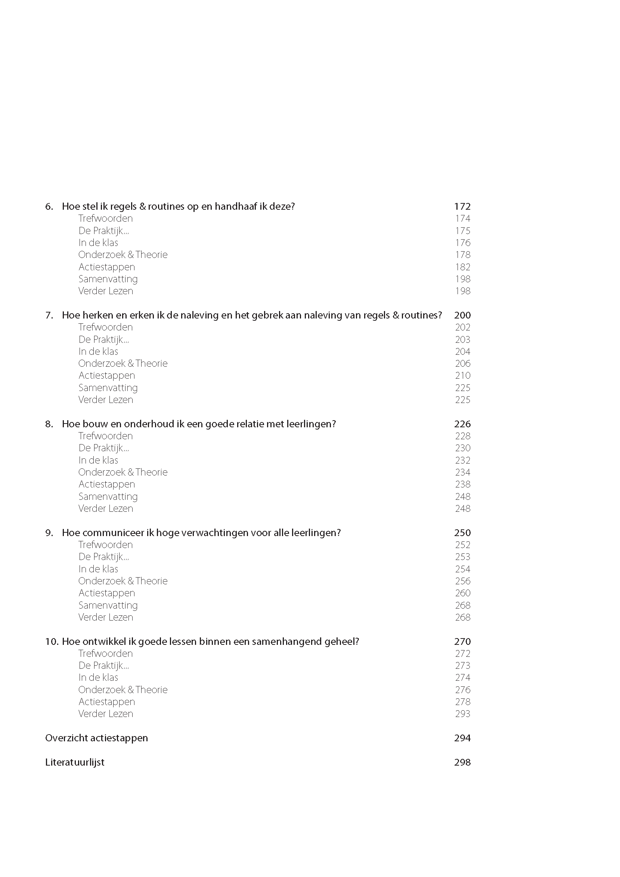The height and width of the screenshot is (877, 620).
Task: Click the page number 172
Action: [x=462, y=206]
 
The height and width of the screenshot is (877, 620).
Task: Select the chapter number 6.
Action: [x=49, y=207]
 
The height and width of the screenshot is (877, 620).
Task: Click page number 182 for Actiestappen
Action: [x=462, y=267]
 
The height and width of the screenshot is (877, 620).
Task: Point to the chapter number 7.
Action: [x=49, y=315]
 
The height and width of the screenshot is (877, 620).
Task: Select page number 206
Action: [x=462, y=363]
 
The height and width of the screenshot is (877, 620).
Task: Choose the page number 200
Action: [x=462, y=315]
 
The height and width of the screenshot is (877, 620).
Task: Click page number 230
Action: [x=462, y=448]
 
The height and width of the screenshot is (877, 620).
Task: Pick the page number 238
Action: [x=462, y=484]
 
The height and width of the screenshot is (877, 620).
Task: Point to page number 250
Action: [x=462, y=533]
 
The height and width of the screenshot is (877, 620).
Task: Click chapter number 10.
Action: [x=51, y=641]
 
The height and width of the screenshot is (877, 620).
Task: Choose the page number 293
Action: [x=462, y=714]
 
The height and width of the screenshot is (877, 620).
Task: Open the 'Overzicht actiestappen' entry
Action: [x=96, y=738]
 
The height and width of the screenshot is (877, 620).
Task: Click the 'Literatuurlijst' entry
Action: [x=74, y=762]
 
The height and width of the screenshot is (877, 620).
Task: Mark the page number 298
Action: [x=462, y=762]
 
